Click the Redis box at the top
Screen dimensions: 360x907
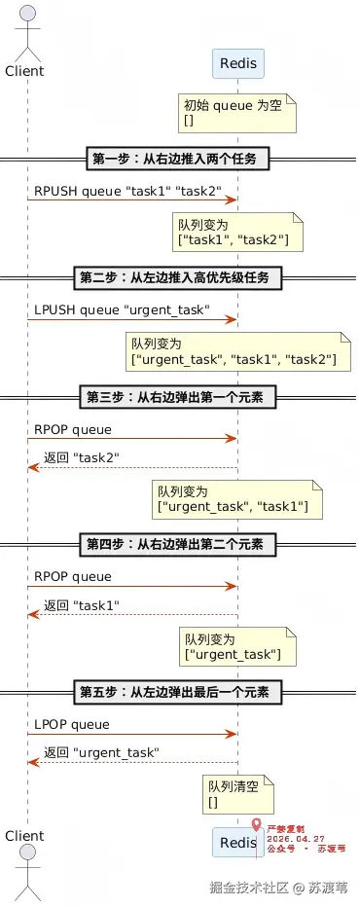pyautogui.click(x=237, y=63)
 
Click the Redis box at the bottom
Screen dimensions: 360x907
pyautogui.click(x=237, y=842)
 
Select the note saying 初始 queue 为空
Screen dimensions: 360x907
pyautogui.click(x=237, y=112)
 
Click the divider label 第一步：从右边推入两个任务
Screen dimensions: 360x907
pyautogui.click(x=179, y=159)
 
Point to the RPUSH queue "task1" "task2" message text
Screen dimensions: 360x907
pyautogui.click(x=127, y=192)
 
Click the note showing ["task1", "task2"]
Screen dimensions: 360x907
pyautogui.click(x=237, y=232)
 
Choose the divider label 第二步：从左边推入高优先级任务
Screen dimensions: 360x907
pyautogui.click(x=179, y=277)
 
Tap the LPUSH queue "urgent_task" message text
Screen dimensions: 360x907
pyautogui.click(x=122, y=310)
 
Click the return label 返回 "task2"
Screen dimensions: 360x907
pyautogui.click(x=82, y=457)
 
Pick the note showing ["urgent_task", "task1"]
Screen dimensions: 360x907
pyautogui.click(x=236, y=499)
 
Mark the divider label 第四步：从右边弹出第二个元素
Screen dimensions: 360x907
pyautogui.click(x=179, y=544)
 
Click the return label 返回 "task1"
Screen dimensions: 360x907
pyautogui.click(x=82, y=605)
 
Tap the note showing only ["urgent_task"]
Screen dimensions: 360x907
pyautogui.click(x=237, y=647)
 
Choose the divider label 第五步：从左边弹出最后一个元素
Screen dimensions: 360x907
pyautogui.click(x=179, y=692)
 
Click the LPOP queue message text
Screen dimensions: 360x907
pyautogui.click(x=72, y=724)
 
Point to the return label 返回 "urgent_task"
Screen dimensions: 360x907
pyautogui.click(x=102, y=753)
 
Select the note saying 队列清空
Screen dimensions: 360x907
pyautogui.click(x=237, y=795)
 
